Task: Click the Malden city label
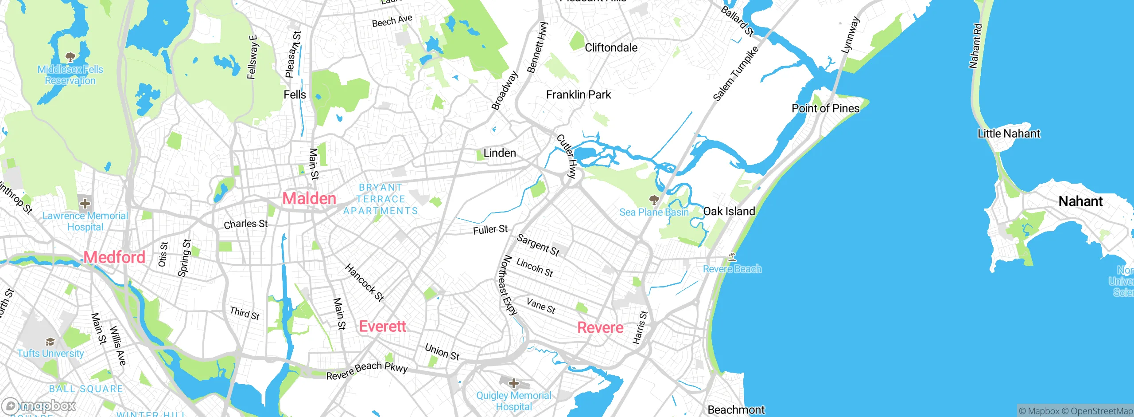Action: point(309,198)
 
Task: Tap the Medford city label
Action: point(114,257)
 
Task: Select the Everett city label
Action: point(382,326)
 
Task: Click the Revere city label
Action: point(600,327)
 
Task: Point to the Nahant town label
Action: point(1080,201)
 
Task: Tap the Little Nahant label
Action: point(1009,134)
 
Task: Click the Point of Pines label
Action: point(825,108)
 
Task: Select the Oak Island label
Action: point(729,211)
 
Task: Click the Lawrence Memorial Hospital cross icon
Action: point(85,204)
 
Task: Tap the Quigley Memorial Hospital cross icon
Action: point(514,383)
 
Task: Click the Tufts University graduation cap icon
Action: point(50,342)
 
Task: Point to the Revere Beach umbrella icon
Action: point(732,257)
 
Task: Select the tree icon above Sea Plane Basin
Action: point(653,199)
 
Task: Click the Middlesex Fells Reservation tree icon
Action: point(70,57)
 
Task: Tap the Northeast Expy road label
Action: point(508,285)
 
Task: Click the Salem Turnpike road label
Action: point(735,73)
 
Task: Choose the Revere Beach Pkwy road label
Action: point(367,370)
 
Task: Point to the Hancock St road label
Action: point(364,283)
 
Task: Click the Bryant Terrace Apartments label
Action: point(381,199)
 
